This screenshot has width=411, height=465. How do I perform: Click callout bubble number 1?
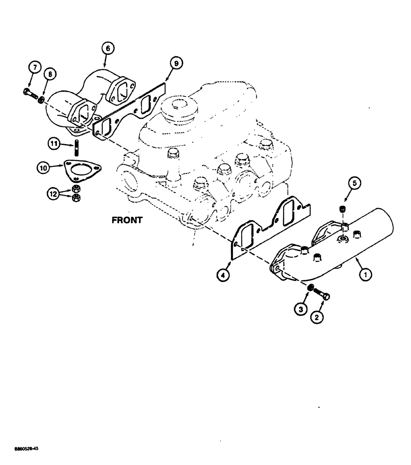365,275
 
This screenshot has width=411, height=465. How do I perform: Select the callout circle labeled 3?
302,309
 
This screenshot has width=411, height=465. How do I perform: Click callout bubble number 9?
177,63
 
